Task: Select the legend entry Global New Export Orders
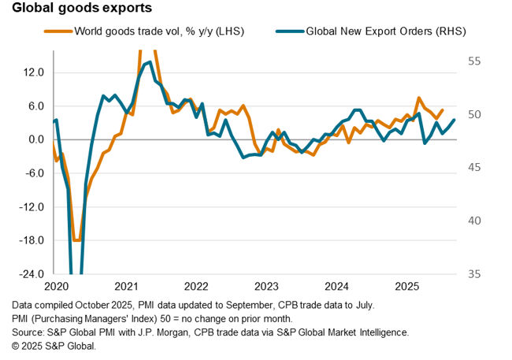[x=386, y=32]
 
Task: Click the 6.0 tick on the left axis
[x=35, y=106]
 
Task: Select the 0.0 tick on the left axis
[x=35, y=140]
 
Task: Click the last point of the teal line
[x=454, y=120]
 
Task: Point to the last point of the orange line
[x=442, y=110]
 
